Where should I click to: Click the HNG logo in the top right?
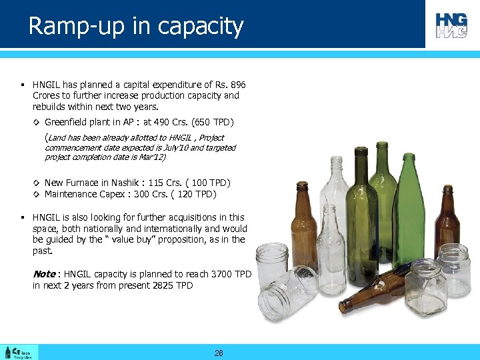tap(452, 25)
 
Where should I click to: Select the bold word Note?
tap(44, 274)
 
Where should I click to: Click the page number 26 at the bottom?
tap(219, 353)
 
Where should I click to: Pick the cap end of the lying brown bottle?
tap(343, 307)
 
